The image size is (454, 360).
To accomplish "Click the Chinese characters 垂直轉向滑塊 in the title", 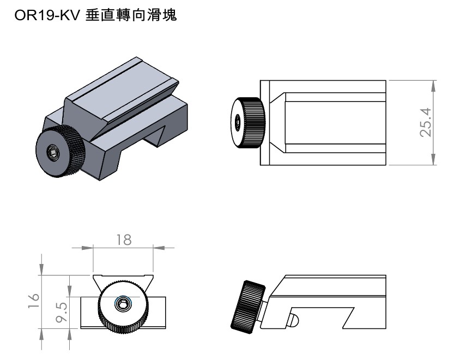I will pos(131,17).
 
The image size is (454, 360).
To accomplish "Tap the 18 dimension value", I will pos(124,240).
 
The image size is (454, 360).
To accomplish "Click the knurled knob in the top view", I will pos(249,123).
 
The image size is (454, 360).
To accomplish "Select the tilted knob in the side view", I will pos(247,306).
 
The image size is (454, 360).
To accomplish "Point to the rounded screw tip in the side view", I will pos(293,319).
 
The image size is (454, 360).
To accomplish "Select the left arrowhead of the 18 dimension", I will pos(87,247).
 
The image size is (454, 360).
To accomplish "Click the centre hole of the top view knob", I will pos(238,123).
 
